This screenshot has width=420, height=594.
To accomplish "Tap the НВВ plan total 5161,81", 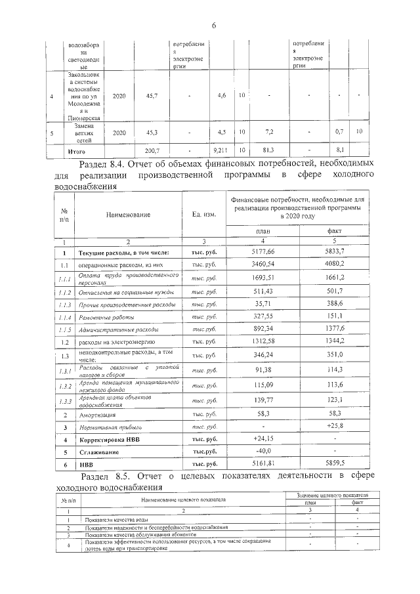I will [262, 465].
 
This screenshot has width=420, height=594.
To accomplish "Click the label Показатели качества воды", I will [115, 520].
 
